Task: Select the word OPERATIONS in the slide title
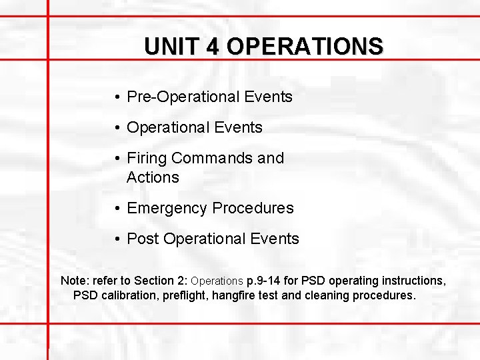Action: [305, 47]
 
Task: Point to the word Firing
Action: [147, 159]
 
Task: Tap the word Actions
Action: [153, 177]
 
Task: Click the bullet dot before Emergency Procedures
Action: [117, 209]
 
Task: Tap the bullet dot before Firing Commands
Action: [117, 159]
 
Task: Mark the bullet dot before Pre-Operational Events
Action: [117, 97]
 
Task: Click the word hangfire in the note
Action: [234, 295]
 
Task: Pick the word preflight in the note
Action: [185, 295]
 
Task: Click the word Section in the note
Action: [155, 281]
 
